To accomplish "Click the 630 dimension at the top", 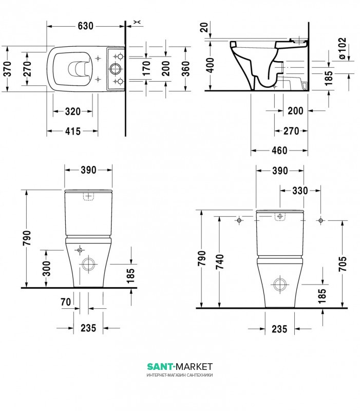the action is (85, 26).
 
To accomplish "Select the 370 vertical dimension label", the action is (7, 69).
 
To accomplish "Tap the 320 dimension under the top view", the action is (72, 111).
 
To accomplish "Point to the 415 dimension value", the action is (72, 131).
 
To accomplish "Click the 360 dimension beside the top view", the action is (185, 69).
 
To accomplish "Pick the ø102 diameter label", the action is (342, 48).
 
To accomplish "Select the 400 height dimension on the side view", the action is (210, 65).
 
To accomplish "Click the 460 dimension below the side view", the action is (279, 151).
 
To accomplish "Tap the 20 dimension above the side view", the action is (204, 27).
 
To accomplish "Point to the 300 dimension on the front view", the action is (47, 268).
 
